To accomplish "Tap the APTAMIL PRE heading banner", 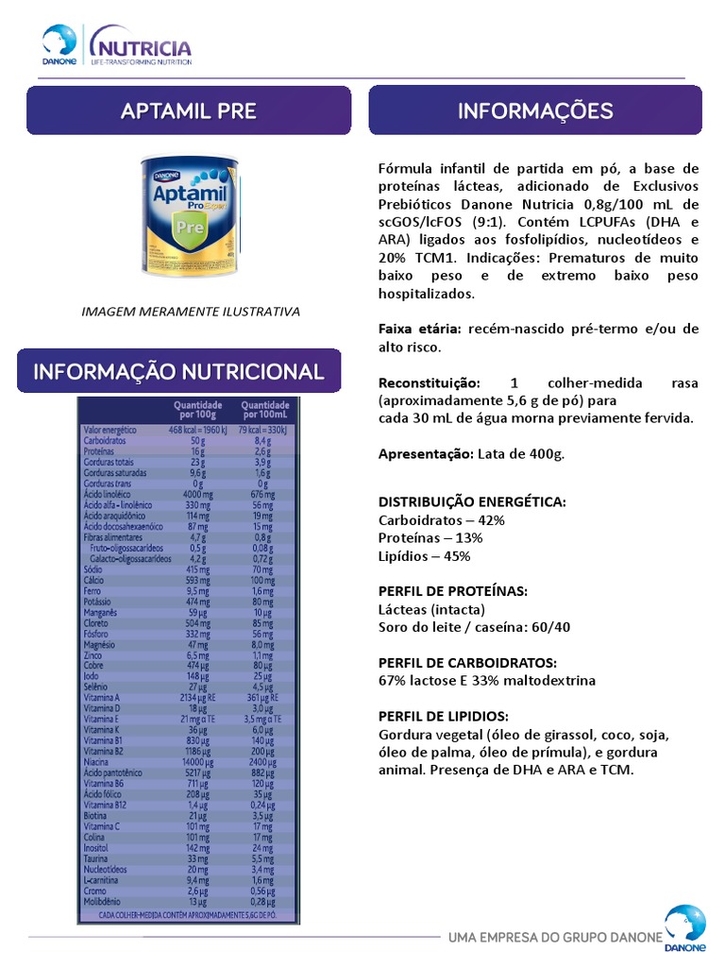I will click(x=189, y=110).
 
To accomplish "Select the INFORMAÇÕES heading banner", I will click(x=535, y=110).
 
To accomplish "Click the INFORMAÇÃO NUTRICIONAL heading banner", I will click(x=179, y=371).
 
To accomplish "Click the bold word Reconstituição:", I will click(x=430, y=382).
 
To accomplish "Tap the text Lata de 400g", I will click(x=521, y=454).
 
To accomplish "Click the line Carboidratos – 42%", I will click(x=441, y=520).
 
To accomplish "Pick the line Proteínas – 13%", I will click(x=430, y=538).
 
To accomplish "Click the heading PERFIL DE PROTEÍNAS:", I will click(x=452, y=591).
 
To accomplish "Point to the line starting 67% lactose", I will click(x=487, y=681).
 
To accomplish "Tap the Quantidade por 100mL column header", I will click(x=264, y=409).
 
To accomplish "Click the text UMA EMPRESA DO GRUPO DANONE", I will click(x=555, y=938).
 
